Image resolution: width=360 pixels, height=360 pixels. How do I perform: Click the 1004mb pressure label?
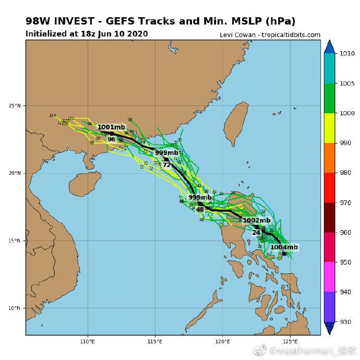coord(284,247)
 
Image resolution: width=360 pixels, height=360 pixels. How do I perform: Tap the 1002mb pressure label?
coord(257,221)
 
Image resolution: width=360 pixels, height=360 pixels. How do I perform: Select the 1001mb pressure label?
coord(111,127)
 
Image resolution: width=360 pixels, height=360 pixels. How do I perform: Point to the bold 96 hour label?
coord(111,139)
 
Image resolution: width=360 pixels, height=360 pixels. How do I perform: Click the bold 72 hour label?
coord(166,165)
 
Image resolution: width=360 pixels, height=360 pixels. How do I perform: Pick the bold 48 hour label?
coord(200,210)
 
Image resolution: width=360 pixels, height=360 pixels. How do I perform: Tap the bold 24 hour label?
coord(256,233)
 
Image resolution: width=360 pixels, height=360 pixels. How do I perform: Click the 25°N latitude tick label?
coord(15,106)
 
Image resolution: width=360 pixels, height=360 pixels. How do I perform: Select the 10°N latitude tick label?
coord(15,308)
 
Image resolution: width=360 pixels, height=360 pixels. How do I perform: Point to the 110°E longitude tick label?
coord(88,342)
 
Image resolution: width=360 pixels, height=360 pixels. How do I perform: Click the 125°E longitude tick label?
coord(290,342)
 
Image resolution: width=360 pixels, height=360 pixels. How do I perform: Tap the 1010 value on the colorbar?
coord(345,54)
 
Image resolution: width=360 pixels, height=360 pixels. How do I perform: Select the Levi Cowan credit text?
coord(270,35)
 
